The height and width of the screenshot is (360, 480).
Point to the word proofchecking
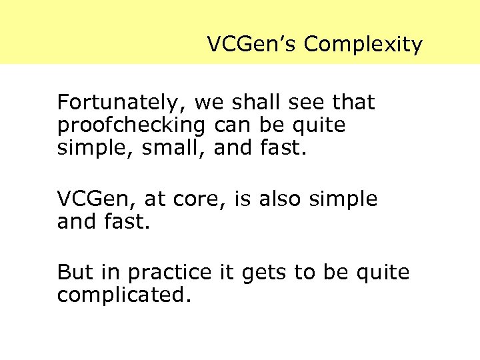[132, 125]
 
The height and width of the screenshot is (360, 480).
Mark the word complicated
[124, 294]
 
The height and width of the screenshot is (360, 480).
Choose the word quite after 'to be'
[383, 272]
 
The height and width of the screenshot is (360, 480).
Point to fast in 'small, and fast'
[281, 147]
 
